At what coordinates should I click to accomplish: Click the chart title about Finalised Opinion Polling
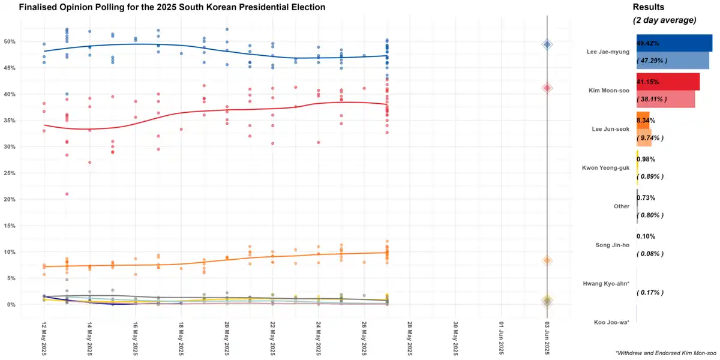click(172, 7)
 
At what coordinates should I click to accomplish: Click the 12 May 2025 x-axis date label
click(44, 338)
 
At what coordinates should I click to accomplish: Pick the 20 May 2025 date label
click(227, 338)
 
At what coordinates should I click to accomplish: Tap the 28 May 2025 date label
click(410, 338)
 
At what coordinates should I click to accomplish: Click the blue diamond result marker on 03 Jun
click(547, 44)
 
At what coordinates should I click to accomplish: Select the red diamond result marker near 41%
click(547, 88)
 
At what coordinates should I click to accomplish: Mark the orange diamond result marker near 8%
click(547, 260)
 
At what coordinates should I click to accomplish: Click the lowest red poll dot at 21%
click(67, 194)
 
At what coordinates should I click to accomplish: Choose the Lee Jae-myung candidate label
click(608, 52)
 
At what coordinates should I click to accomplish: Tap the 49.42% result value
click(648, 44)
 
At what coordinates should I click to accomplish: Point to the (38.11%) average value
click(652, 99)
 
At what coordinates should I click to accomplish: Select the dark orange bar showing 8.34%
click(643, 121)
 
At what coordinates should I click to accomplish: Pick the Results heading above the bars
click(649, 7)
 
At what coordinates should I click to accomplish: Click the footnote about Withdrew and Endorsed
click(665, 353)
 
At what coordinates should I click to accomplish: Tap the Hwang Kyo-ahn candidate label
click(606, 283)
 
